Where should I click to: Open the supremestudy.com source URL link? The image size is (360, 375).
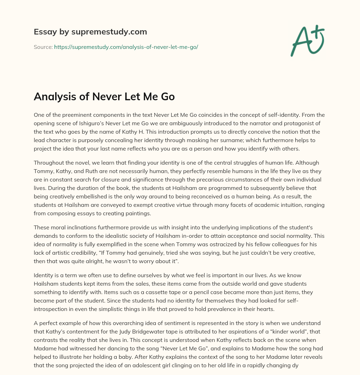[x=126, y=47]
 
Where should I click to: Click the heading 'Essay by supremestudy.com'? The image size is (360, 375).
[x=90, y=32]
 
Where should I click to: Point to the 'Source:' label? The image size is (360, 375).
[x=43, y=47]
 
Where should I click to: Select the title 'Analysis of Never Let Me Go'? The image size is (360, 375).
[x=104, y=96]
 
